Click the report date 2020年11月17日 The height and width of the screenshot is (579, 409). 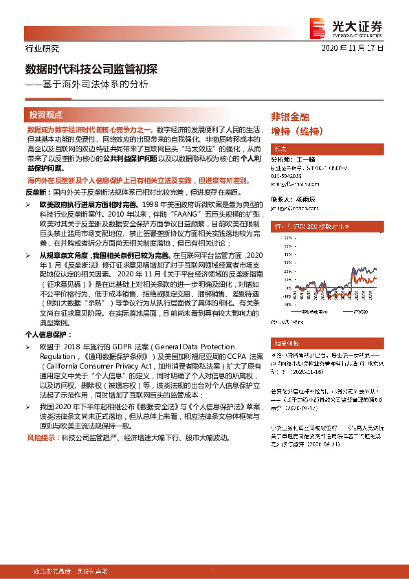click(353, 49)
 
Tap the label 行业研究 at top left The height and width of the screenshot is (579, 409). click(42, 49)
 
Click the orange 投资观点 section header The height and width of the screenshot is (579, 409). click(46, 115)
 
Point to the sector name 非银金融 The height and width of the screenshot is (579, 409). click(290, 117)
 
